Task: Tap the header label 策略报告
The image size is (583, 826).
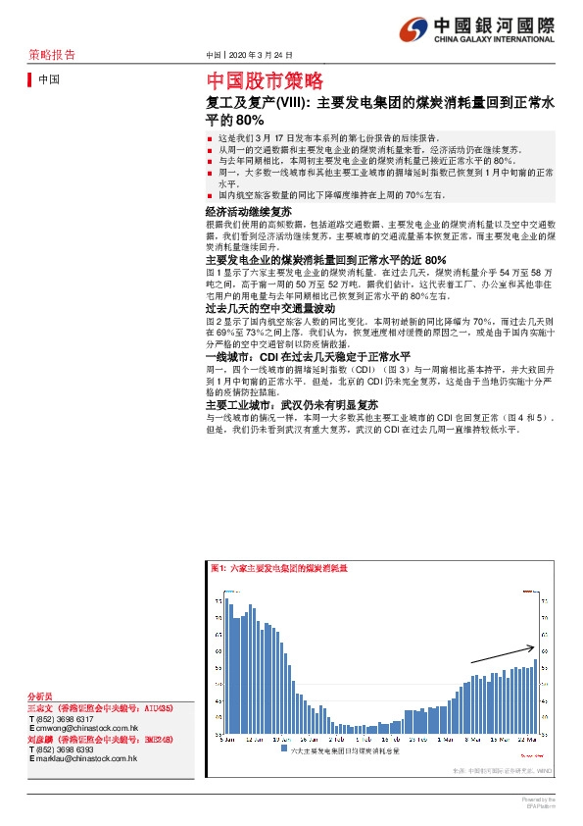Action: (51, 55)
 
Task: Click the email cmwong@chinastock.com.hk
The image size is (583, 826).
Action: (85, 729)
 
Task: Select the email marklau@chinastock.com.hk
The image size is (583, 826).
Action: (85, 759)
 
